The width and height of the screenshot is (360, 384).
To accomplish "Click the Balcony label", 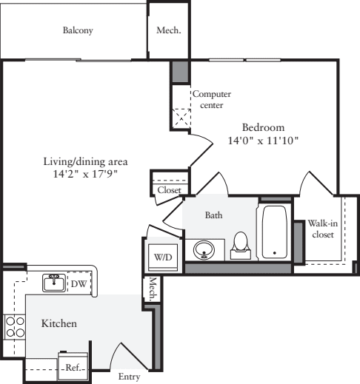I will tap(78, 31).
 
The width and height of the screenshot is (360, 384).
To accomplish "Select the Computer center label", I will tap(211, 99).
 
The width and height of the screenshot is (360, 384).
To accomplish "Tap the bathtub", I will tap(274, 231).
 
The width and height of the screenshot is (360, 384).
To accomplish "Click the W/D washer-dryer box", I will tap(162, 256).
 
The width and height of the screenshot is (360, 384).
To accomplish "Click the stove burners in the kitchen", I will tap(13, 326).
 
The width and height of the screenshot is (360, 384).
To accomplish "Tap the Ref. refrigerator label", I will tap(73, 367).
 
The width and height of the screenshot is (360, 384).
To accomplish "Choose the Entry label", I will tap(129, 377).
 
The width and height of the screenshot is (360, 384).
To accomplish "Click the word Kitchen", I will tap(59, 323).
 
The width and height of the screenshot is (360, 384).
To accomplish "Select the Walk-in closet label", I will tap(321, 229).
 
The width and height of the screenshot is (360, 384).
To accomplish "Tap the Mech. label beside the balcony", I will tap(168, 31).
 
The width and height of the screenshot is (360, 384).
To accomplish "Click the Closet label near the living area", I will tap(168, 190).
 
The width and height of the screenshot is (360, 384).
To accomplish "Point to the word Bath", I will tap(213, 215).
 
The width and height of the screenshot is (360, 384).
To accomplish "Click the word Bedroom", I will tap(264, 127).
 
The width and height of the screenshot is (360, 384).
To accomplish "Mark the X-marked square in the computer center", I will tap(181, 117).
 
